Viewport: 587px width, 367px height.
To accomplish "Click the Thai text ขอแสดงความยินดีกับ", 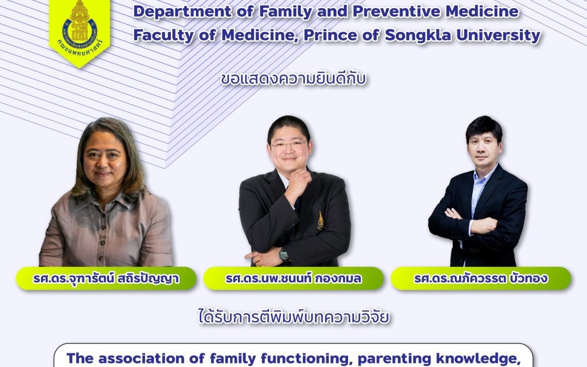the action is click(x=293, y=79).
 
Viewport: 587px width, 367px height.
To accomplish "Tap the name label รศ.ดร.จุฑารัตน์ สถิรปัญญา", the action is click(x=106, y=278).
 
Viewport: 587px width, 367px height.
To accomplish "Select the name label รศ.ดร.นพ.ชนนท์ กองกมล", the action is click(x=293, y=278).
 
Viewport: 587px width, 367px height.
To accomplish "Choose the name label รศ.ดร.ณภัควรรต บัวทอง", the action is click(x=481, y=278).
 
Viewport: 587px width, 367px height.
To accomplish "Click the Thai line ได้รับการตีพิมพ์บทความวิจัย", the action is click(x=294, y=317).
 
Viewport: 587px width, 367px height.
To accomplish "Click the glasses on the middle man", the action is click(x=289, y=145).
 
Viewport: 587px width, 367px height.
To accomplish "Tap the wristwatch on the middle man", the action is click(x=283, y=254).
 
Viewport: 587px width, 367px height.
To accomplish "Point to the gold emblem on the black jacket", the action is click(x=321, y=220).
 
